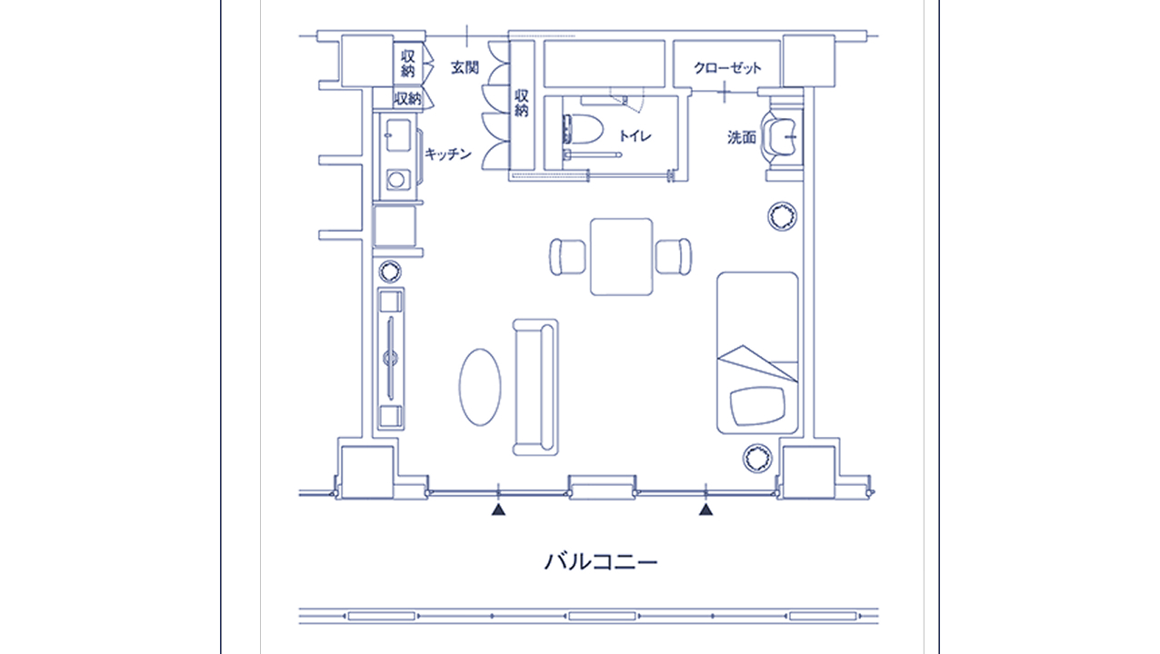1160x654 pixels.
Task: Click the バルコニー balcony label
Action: pos(601,561)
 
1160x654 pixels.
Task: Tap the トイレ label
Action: pos(635,135)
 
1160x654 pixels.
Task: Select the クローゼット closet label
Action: pos(727,68)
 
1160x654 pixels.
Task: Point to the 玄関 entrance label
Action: pos(465,67)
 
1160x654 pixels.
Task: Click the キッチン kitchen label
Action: pos(448,154)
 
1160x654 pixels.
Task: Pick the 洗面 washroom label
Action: pos(742,137)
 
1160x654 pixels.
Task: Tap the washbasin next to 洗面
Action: pos(778,137)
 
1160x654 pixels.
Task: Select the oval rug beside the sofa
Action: pos(480,387)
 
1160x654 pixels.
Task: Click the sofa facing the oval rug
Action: pos(535,387)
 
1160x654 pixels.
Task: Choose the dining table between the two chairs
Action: pos(622,257)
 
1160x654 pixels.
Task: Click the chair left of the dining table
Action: pos(567,257)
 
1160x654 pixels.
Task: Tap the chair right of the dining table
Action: pos(674,257)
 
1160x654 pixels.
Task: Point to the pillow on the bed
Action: pos(757,406)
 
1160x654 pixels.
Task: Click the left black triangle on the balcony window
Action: pos(498,510)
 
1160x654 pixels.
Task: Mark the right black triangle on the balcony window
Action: pos(705,510)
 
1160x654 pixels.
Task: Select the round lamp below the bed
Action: pos(757,458)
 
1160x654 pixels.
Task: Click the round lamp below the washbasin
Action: pos(782,216)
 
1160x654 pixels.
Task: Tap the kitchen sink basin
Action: pos(398,135)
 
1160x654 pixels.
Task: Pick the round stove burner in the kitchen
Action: pos(396,180)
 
